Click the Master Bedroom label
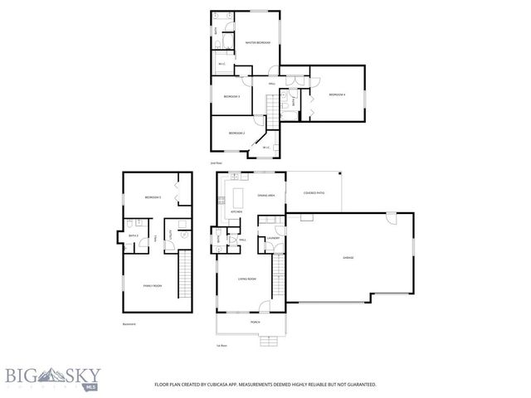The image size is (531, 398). pos(258,42)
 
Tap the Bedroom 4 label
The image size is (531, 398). pos(336,95)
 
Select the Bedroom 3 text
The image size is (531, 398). pos(231,96)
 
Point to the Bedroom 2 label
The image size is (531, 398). pos(236,133)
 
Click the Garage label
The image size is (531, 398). pos(349,258)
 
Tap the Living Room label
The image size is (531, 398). pos(246,279)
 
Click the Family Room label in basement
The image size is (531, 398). pos(152,285)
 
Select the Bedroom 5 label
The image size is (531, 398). pos(152,197)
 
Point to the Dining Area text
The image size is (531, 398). pos(266,195)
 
